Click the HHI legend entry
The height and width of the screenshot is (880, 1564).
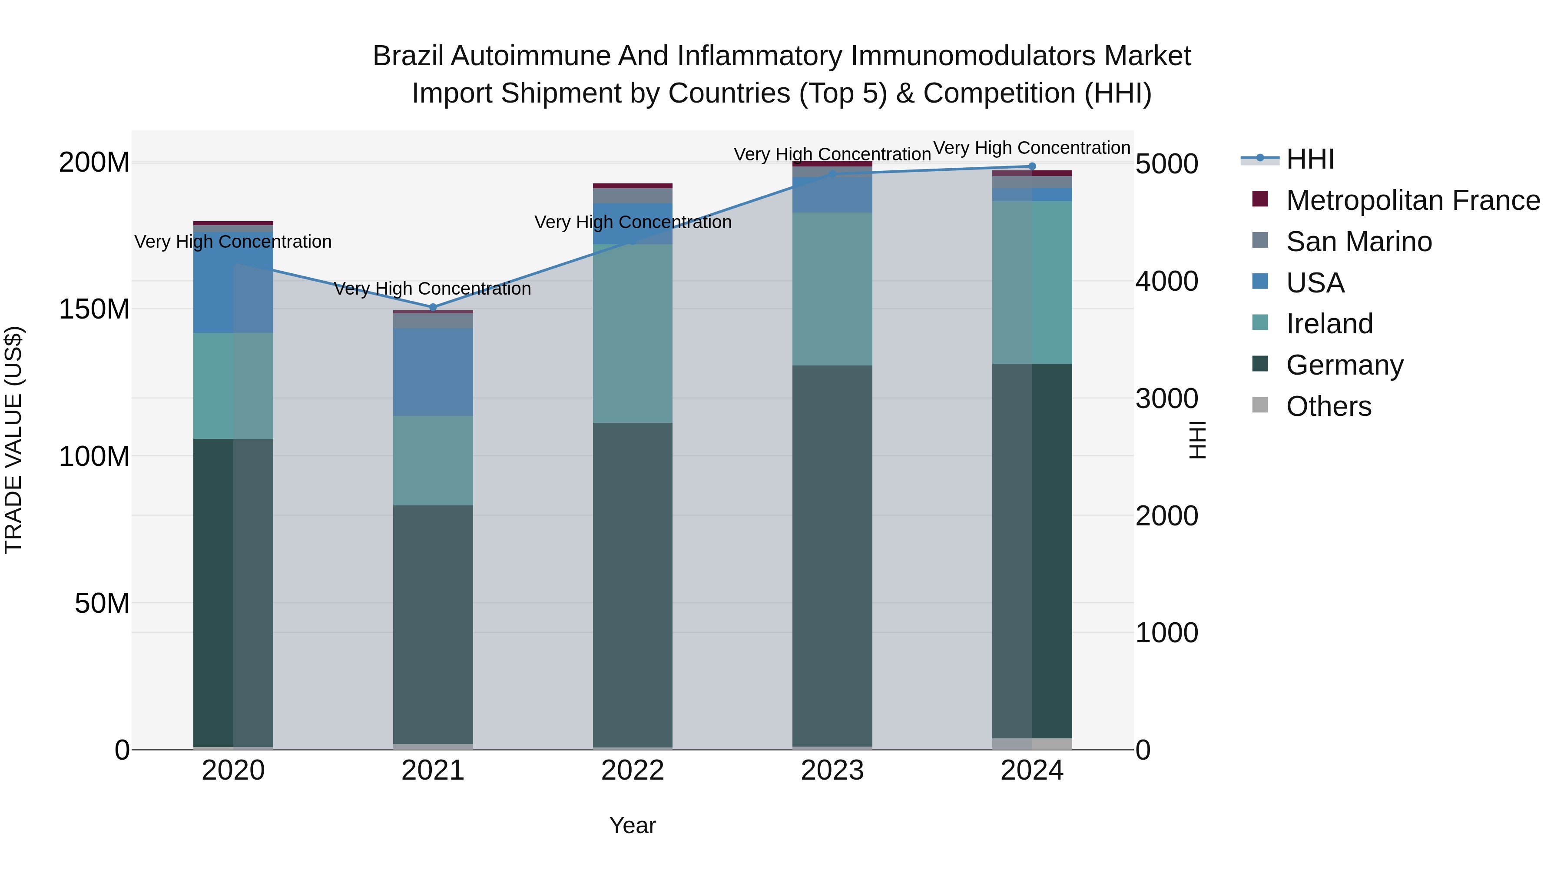[1310, 159]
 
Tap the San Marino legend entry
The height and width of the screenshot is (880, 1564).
[1359, 242]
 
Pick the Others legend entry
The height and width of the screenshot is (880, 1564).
[1329, 406]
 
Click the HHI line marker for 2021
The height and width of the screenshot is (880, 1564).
[433, 307]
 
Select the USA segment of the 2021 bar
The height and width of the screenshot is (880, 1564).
[433, 372]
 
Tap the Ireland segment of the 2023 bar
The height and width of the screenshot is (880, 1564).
[832, 289]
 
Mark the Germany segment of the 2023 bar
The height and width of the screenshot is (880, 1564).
[832, 556]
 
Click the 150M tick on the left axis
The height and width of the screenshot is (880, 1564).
[94, 309]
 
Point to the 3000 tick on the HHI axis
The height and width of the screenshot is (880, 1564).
[1166, 399]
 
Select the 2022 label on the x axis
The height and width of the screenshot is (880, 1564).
[633, 770]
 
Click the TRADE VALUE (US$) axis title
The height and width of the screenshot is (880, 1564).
[13, 440]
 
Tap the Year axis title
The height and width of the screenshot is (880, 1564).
[633, 825]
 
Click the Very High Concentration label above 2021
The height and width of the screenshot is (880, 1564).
[432, 289]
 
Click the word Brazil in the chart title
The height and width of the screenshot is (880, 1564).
[409, 56]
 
